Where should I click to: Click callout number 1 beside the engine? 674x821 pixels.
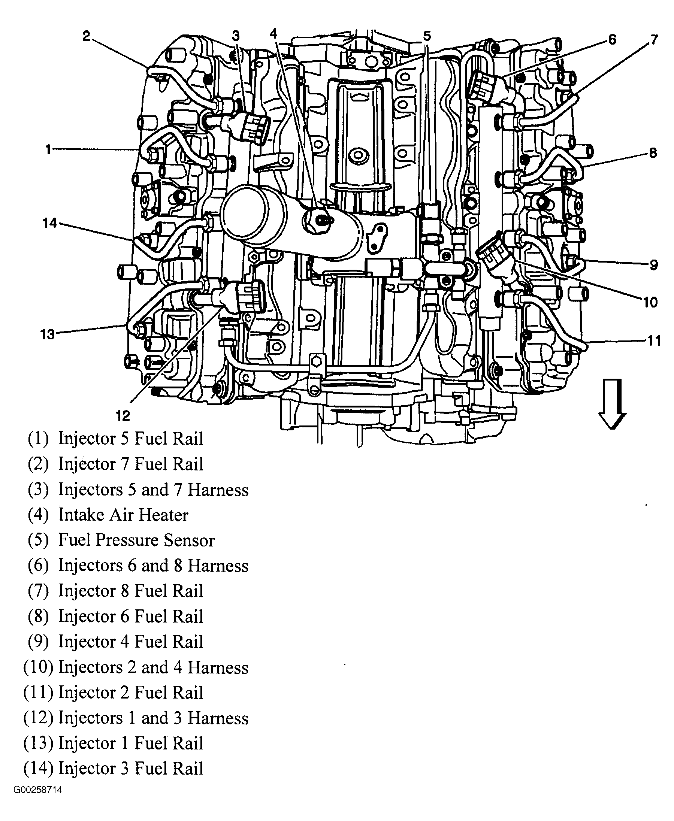click(48, 149)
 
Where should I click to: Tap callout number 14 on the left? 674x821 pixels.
click(50, 223)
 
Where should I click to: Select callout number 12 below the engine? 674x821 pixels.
click(122, 416)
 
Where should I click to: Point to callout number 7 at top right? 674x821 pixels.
click(654, 40)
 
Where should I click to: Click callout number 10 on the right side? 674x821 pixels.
click(650, 302)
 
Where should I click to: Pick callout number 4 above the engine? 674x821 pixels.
click(274, 34)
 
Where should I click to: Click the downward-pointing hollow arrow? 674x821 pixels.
click(612, 404)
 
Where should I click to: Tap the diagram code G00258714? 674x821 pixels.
click(38, 790)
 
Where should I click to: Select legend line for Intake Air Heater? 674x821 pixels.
click(123, 515)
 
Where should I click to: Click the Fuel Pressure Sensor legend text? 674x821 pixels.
click(136, 540)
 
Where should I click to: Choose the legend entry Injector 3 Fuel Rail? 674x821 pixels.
click(130, 769)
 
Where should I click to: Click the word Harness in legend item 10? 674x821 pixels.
click(218, 667)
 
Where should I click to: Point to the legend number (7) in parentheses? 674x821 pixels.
click(38, 591)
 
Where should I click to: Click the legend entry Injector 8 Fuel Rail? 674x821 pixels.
click(130, 591)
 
